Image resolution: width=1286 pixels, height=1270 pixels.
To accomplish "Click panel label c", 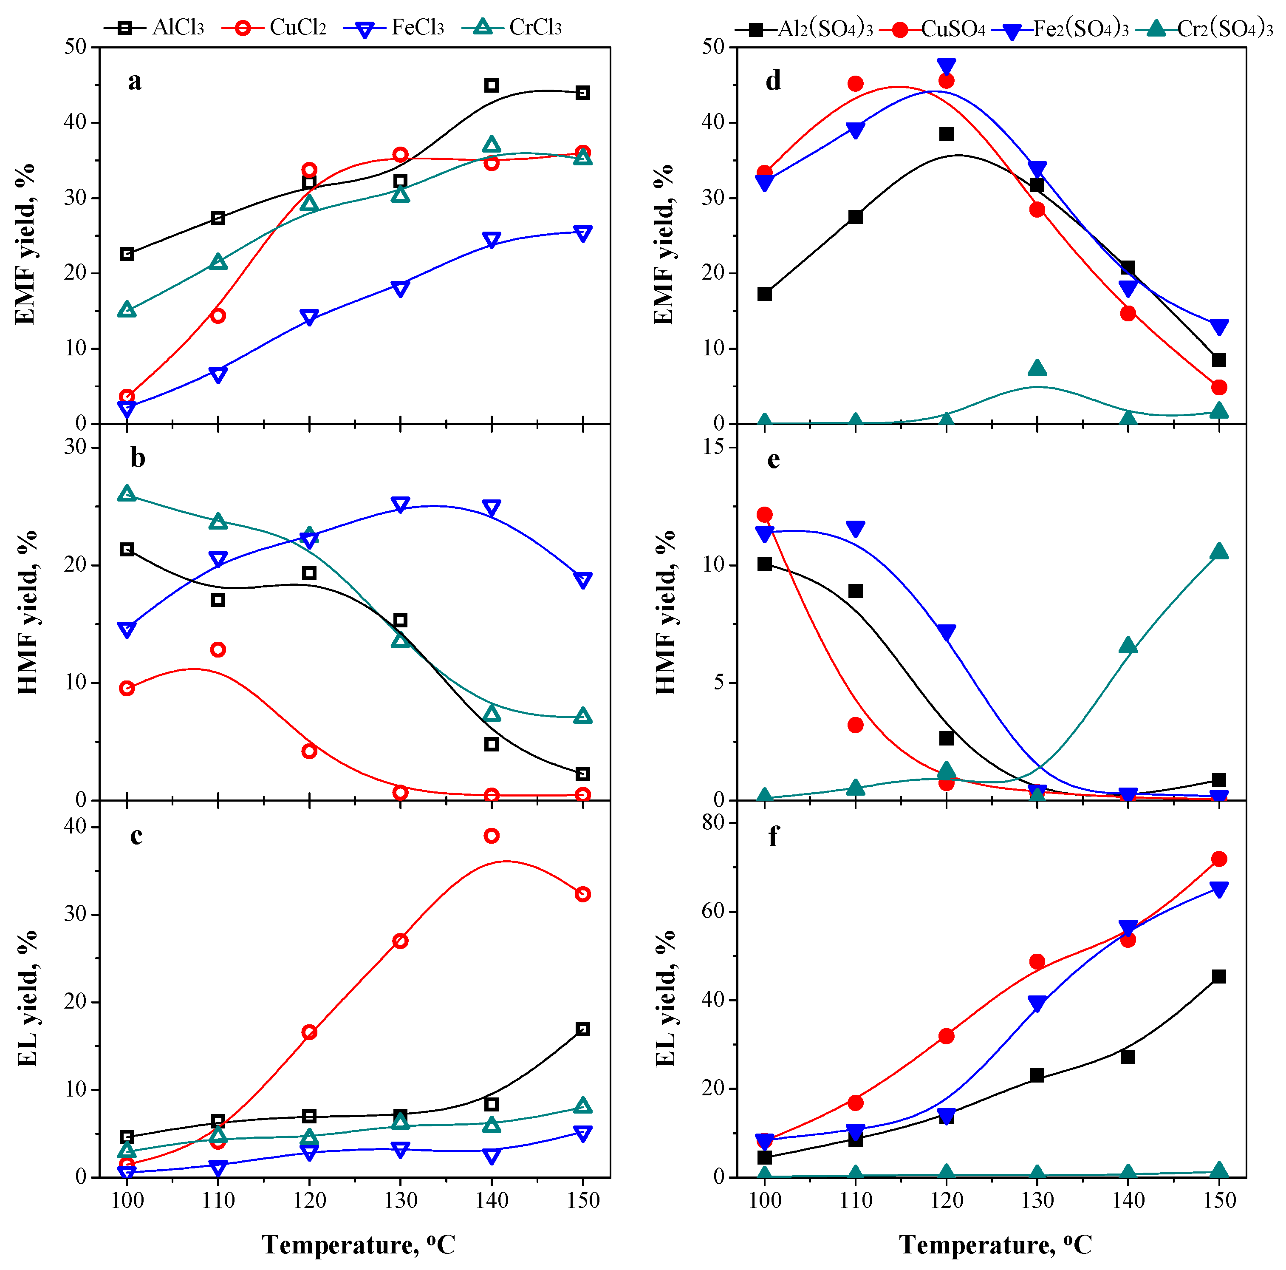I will [136, 835].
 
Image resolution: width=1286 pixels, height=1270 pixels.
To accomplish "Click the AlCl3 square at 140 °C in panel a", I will [491, 85].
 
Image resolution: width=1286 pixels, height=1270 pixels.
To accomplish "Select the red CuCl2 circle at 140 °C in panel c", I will [491, 836].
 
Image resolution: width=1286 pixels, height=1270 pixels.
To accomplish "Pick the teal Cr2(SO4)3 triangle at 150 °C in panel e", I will [1219, 551].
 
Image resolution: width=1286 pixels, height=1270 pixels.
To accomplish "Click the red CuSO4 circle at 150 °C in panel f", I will [1219, 859].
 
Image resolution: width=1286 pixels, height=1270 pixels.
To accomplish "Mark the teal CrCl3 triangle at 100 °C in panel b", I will [127, 493].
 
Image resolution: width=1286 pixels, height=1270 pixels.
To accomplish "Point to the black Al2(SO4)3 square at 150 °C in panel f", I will [1219, 976].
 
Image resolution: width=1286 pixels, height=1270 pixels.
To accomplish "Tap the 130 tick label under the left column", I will [400, 1201].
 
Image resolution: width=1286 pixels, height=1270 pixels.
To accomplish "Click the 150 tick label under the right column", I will [1219, 1201].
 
